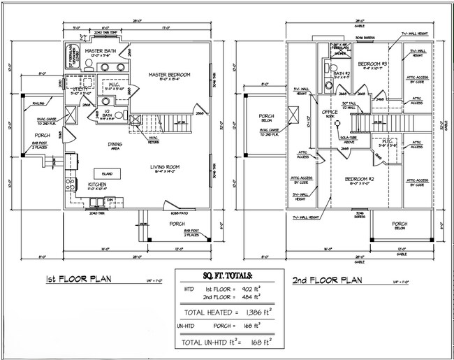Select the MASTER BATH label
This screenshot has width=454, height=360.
tap(99, 51)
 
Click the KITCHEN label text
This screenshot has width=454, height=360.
tap(96, 185)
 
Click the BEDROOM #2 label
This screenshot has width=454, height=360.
tap(358, 179)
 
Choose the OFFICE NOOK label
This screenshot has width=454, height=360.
tap(330, 113)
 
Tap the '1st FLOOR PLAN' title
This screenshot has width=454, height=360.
tap(79, 280)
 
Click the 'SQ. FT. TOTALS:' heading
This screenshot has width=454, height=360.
tap(227, 277)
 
